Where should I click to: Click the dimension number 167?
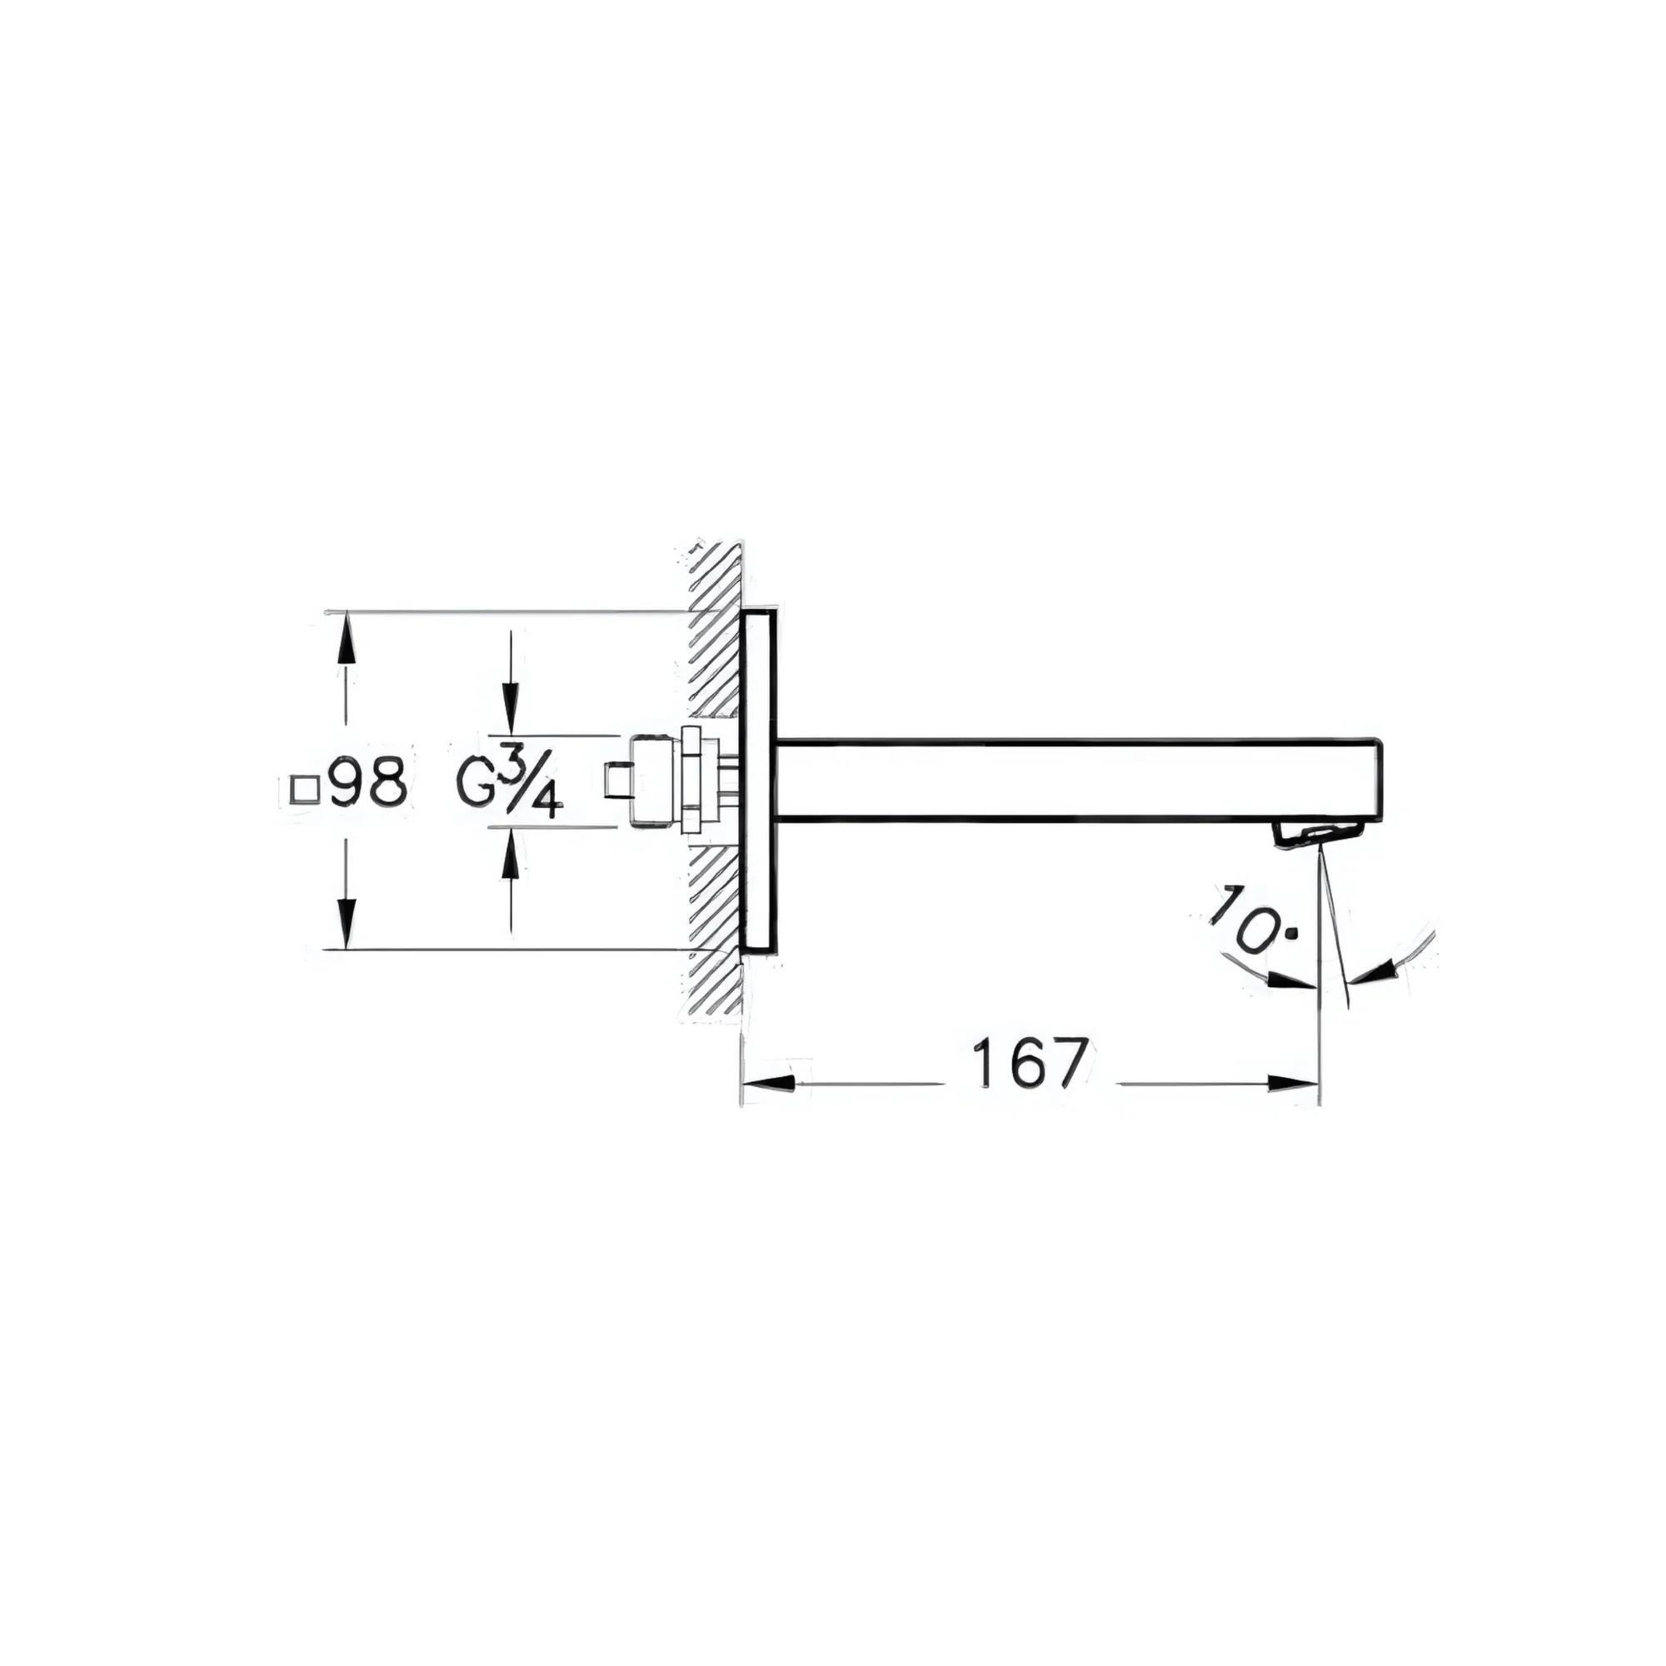pyautogui.click(x=1029, y=1063)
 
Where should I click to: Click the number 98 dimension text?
pyautogui.click(x=368, y=782)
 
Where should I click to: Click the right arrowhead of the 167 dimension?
pyautogui.click(x=1293, y=1084)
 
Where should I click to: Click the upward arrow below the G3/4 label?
pyautogui.click(x=511, y=857)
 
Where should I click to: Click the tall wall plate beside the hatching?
pyautogui.click(x=759, y=781)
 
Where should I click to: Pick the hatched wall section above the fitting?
pyautogui.click(x=715, y=638)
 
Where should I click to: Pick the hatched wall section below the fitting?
pyautogui.click(x=715, y=931)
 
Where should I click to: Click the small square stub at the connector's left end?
pyautogui.click(x=618, y=781)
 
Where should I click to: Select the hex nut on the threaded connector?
pyautogui.click(x=691, y=781)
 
